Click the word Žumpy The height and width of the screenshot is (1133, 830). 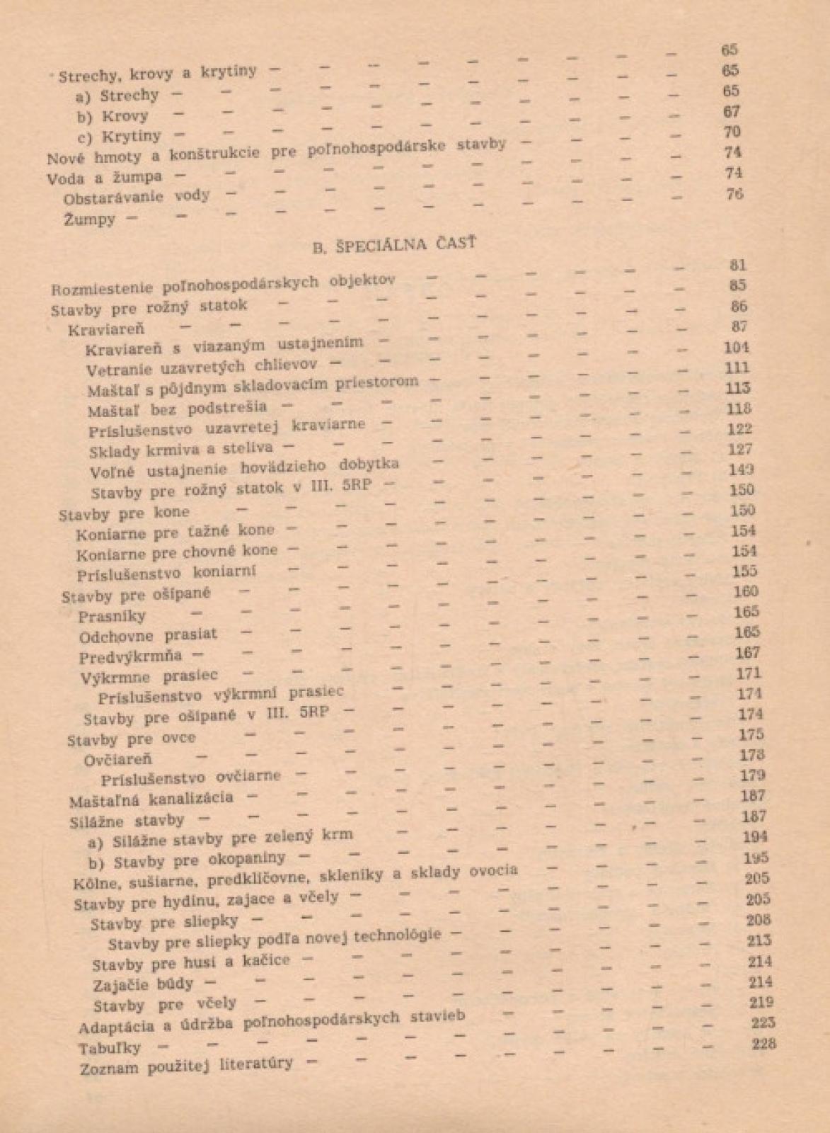click(89, 220)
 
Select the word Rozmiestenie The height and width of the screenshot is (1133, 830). click(102, 289)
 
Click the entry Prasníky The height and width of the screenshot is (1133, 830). click(112, 615)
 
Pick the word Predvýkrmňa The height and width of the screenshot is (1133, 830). click(130, 656)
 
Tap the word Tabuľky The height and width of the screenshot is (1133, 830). click(110, 1048)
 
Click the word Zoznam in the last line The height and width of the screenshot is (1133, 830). click(109, 1068)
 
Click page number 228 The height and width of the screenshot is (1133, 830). click(763, 1043)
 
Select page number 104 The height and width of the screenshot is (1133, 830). click(737, 347)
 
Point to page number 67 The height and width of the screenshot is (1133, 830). click(731, 111)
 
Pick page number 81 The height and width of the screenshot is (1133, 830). click(738, 265)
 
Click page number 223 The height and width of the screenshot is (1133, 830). click(763, 1023)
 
